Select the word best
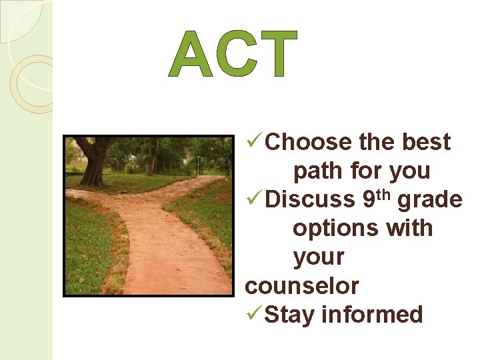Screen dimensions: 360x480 (427, 143)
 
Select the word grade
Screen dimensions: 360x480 (430, 200)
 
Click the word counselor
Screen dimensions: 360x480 (302, 286)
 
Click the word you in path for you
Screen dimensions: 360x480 (409, 171)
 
